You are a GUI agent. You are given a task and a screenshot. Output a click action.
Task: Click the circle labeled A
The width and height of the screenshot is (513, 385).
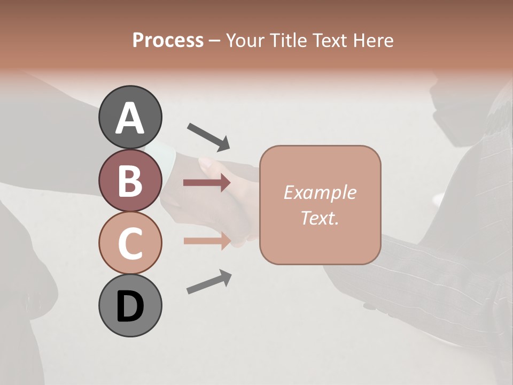[130, 117]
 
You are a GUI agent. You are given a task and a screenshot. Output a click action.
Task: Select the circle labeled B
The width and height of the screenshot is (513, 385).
[130, 180]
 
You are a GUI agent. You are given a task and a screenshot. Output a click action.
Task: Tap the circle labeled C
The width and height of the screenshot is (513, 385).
[130, 243]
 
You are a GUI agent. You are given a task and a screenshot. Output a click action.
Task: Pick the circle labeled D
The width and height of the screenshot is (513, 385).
[130, 305]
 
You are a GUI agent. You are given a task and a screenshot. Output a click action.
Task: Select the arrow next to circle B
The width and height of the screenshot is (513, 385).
[207, 183]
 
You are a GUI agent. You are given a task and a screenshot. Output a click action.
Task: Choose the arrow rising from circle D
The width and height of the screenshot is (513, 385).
[209, 282]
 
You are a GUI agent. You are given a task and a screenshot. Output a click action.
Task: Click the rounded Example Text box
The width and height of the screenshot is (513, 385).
[320, 205]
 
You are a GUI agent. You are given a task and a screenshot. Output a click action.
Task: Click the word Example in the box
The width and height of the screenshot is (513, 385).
[320, 192]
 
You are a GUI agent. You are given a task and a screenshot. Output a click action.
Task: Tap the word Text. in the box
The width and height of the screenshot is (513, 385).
[320, 218]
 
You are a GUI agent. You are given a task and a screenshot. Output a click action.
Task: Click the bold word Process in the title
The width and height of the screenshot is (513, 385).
[168, 40]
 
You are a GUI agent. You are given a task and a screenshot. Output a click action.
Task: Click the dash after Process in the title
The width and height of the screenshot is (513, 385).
[215, 41]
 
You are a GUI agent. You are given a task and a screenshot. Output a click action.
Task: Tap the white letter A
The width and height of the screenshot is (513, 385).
[130, 118]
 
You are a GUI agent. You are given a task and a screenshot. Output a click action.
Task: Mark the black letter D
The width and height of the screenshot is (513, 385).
[130, 306]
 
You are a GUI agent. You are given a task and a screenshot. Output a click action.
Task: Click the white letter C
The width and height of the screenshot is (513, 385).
[130, 243]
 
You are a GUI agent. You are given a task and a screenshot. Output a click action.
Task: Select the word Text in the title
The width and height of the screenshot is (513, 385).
[329, 40]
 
